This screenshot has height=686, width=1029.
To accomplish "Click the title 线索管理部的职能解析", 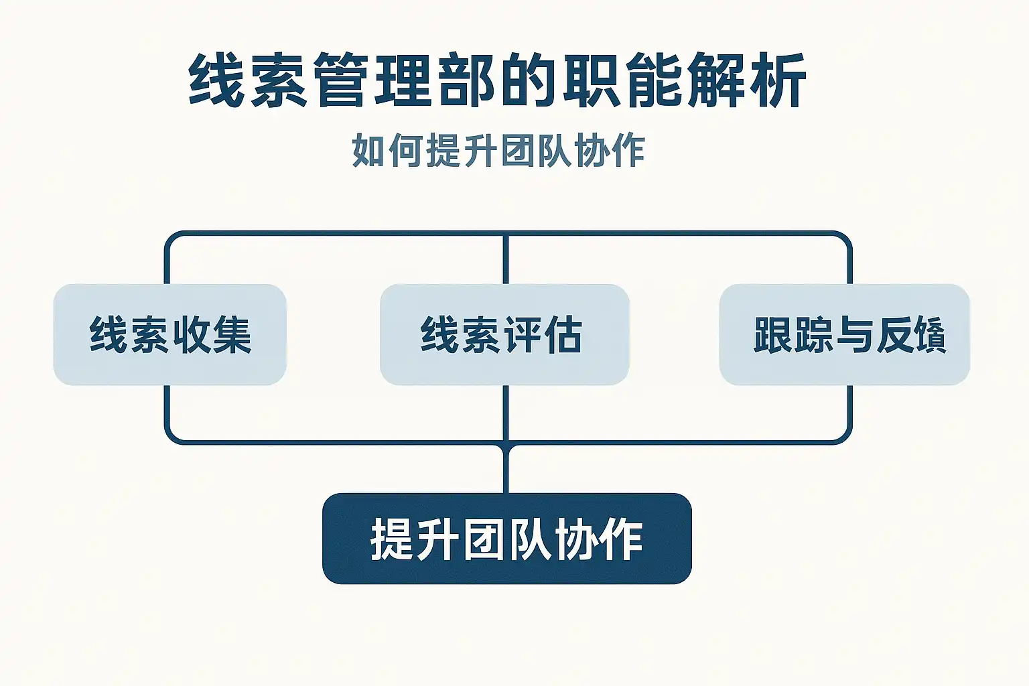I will [497, 81].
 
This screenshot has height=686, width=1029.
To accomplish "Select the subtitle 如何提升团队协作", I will [498, 151].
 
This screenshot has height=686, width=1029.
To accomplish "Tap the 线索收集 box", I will [169, 334].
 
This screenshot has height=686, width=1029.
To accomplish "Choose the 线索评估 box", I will [504, 334].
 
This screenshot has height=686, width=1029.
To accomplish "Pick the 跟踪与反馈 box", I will [844, 334].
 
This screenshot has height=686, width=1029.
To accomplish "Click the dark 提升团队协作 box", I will [506, 539].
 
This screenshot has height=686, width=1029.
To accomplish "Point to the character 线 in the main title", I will [215, 81].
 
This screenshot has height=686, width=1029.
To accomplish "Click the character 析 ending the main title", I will [777, 81].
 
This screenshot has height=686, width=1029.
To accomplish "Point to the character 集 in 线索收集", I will [232, 334].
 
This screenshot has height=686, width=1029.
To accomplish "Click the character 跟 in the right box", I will [772, 334].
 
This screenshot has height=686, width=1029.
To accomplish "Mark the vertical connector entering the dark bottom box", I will [506, 469].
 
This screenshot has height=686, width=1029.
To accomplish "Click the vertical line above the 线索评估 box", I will [506, 259].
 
